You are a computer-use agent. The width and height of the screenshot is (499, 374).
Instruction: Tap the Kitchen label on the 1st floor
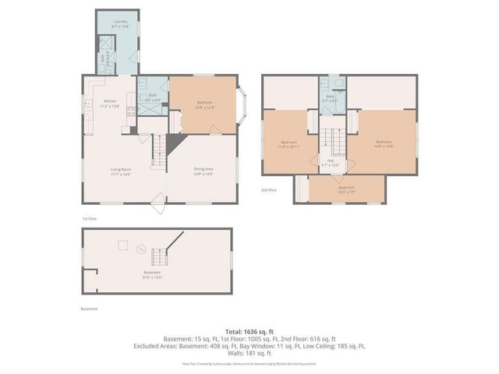tap(111, 103)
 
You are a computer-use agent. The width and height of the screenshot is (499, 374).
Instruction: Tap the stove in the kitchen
tap(132, 111)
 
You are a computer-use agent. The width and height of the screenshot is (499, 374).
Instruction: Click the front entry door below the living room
tap(160, 207)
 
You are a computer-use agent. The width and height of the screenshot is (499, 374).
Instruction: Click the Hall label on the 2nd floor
tap(331, 162)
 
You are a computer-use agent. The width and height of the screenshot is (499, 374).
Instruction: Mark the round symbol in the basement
tap(140, 249)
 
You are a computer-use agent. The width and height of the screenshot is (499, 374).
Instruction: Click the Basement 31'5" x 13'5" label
tap(151, 275)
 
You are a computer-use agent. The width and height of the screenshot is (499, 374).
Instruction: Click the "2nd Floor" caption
tap(269, 189)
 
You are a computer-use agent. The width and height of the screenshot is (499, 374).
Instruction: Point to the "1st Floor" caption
tap(90, 219)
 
